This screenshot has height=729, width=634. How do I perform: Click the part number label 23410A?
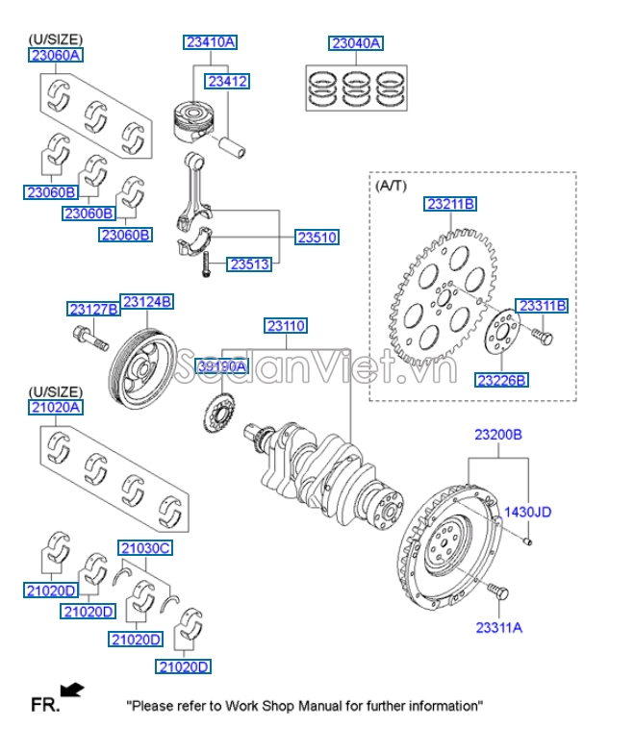[211, 42]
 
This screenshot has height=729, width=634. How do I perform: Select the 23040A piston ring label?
[356, 43]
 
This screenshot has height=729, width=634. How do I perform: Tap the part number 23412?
[228, 82]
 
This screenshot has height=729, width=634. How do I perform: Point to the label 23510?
[317, 237]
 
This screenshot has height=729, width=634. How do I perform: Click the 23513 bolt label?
[249, 263]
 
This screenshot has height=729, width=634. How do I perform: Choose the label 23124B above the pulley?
[146, 301]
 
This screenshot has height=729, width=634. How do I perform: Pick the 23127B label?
[93, 309]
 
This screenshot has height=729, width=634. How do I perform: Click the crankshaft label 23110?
[286, 327]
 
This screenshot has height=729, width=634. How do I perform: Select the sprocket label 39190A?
[222, 366]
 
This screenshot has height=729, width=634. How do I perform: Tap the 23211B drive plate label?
[450, 204]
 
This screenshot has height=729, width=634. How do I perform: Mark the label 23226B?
[501, 380]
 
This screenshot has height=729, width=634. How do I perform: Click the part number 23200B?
[497, 435]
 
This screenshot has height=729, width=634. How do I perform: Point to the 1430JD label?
[528, 512]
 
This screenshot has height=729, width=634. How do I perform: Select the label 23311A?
[498, 627]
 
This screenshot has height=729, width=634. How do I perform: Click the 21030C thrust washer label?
[144, 548]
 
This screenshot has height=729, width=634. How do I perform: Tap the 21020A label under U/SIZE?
[55, 407]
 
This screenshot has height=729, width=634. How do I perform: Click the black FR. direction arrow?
[72, 689]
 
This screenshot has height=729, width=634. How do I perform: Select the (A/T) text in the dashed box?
[391, 184]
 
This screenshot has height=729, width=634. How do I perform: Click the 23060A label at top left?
[55, 56]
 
